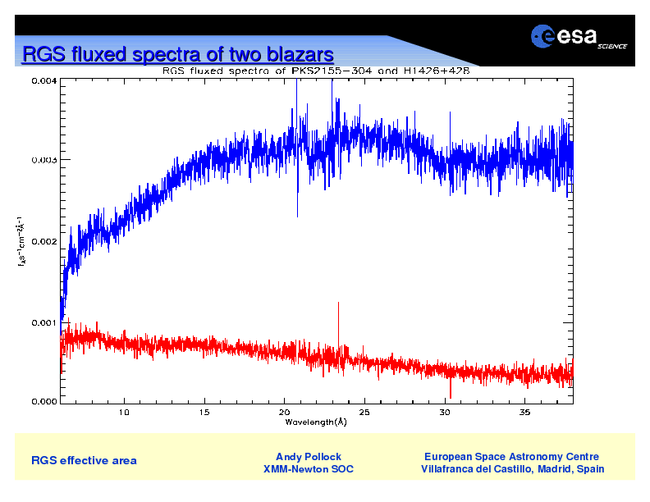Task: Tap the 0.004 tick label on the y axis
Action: pyautogui.click(x=44, y=81)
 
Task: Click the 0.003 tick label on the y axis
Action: pyautogui.click(x=44, y=160)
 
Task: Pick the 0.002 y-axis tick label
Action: pyautogui.click(x=44, y=241)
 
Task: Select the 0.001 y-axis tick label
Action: pyautogui.click(x=44, y=322)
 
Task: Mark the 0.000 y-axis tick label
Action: pyautogui.click(x=44, y=402)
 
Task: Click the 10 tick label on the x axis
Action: pyautogui.click(x=124, y=412)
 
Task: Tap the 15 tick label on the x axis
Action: pyautogui.click(x=204, y=412)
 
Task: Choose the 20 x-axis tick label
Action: pyautogui.click(x=285, y=412)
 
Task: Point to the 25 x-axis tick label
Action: pyautogui.click(x=365, y=412)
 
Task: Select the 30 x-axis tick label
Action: pyautogui.click(x=445, y=412)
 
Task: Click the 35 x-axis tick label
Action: pyautogui.click(x=525, y=412)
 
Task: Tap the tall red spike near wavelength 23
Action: pyautogui.click(x=338, y=320)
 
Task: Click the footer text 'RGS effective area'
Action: pyautogui.click(x=84, y=461)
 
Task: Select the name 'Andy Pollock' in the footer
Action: pyautogui.click(x=309, y=457)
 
